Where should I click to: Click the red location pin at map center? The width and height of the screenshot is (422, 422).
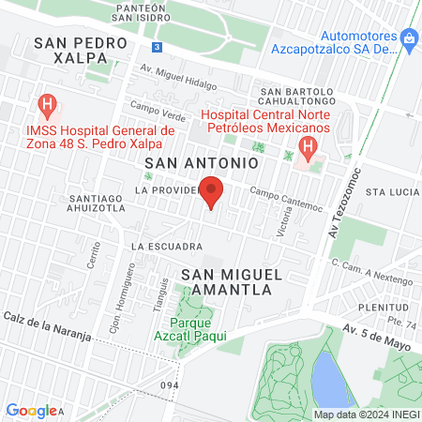pos(212,191)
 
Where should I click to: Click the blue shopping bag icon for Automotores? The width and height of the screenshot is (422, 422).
pos(408,38)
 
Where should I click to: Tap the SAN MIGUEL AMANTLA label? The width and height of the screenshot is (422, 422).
pos(226,281)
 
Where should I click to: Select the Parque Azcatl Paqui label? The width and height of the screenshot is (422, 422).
pos(188,326)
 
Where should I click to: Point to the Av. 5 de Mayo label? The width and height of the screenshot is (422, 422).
pos(374,329)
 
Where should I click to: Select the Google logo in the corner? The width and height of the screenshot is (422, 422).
pos(31,410)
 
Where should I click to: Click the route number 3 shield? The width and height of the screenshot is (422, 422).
pos(158,46)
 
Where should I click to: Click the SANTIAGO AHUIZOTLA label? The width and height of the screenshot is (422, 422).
pos(98,203)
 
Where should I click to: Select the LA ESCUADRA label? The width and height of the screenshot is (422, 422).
pos(167,247)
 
